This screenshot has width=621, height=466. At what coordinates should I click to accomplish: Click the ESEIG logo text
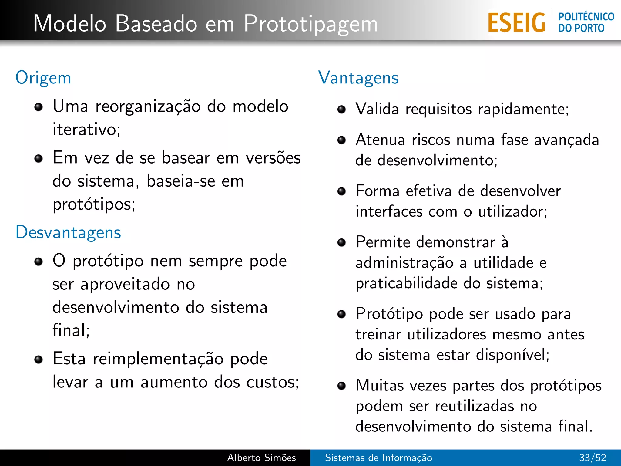[x=516, y=23]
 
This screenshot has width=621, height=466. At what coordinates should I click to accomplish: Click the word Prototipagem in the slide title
[x=311, y=24]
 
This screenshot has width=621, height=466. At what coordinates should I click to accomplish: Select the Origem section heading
[x=43, y=78]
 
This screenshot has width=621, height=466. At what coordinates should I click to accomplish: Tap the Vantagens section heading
[x=358, y=78]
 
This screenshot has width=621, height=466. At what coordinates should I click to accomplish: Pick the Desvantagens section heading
[x=68, y=232]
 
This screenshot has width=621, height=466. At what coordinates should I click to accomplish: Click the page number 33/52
[x=592, y=458]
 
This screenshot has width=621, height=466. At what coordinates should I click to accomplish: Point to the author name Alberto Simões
[x=261, y=458]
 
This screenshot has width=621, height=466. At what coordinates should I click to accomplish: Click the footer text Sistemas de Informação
[x=378, y=458]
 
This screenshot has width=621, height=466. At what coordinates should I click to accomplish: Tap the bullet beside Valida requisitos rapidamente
[x=342, y=110]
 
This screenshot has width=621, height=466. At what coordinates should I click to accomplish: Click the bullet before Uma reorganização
[x=39, y=107]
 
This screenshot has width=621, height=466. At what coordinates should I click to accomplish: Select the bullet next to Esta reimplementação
[x=39, y=360]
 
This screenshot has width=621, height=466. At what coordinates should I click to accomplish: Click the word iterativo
[x=86, y=130]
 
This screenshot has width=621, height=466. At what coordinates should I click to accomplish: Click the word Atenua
[x=380, y=140]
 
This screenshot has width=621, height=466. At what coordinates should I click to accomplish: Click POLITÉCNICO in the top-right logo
[x=586, y=17]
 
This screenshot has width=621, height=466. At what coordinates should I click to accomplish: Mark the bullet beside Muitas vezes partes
[x=342, y=386]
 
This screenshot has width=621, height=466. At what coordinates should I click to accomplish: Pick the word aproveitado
[x=125, y=285]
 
